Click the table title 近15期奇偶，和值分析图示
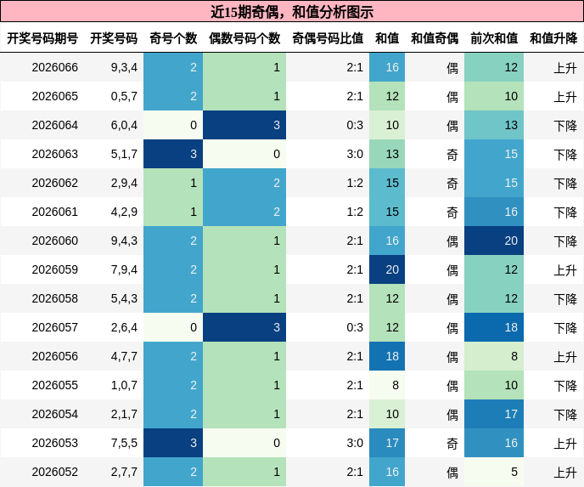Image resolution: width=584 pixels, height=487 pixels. click(292, 12)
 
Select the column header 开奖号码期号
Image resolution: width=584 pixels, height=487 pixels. click(42, 38)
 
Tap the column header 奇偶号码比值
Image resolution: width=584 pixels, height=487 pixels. click(328, 38)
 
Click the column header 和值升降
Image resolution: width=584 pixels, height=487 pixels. click(553, 38)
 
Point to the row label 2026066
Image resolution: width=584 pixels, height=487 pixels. click(54, 67)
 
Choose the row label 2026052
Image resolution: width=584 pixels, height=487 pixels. click(54, 472)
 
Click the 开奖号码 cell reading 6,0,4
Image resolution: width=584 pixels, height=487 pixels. click(124, 125)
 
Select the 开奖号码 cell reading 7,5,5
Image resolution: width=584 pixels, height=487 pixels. click(124, 443)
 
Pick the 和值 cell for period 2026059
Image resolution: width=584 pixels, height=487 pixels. click(387, 269)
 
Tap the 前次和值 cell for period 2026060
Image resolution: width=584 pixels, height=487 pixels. click(494, 241)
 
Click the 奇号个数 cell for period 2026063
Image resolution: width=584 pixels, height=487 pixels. click(173, 154)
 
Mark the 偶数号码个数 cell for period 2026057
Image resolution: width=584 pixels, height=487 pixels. click(244, 327)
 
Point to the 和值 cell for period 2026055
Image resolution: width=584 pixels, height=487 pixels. click(387, 385)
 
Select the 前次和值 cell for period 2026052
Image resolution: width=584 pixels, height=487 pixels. click(494, 472)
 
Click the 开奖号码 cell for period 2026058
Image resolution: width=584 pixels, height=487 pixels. click(124, 298)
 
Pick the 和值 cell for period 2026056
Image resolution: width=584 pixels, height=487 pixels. click(387, 356)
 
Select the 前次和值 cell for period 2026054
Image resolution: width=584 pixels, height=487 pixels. click(494, 414)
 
